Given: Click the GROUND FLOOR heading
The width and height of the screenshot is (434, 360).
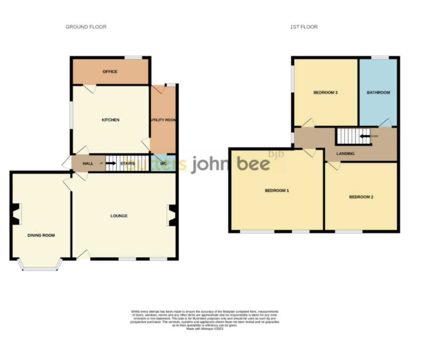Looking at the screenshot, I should (x=86, y=27).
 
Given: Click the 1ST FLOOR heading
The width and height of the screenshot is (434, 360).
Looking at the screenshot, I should (x=304, y=27).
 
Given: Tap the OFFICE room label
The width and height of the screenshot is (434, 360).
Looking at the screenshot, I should (x=110, y=72).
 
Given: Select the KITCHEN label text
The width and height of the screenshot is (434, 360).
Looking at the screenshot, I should (x=110, y=120).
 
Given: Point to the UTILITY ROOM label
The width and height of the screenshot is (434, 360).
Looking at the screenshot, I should (x=163, y=120).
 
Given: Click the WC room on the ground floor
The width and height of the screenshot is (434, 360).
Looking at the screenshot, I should (x=163, y=164).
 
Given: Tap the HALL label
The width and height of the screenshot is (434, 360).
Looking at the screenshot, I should (x=88, y=164).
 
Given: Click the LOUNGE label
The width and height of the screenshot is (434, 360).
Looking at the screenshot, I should (x=119, y=216).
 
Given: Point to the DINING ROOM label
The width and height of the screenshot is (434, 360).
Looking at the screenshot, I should (x=41, y=235).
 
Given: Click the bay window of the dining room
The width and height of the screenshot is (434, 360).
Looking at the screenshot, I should (x=40, y=268).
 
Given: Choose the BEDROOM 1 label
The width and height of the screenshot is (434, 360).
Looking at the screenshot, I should (x=277, y=190).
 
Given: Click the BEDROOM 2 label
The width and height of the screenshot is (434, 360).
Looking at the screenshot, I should (x=361, y=197).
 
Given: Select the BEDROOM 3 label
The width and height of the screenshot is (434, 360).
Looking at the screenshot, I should (x=325, y=93).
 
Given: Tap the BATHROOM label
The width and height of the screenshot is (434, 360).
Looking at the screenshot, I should (x=378, y=93).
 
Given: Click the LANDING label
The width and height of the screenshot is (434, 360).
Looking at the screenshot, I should (x=345, y=153).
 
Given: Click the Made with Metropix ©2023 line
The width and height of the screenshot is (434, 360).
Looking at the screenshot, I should (x=205, y=329).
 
